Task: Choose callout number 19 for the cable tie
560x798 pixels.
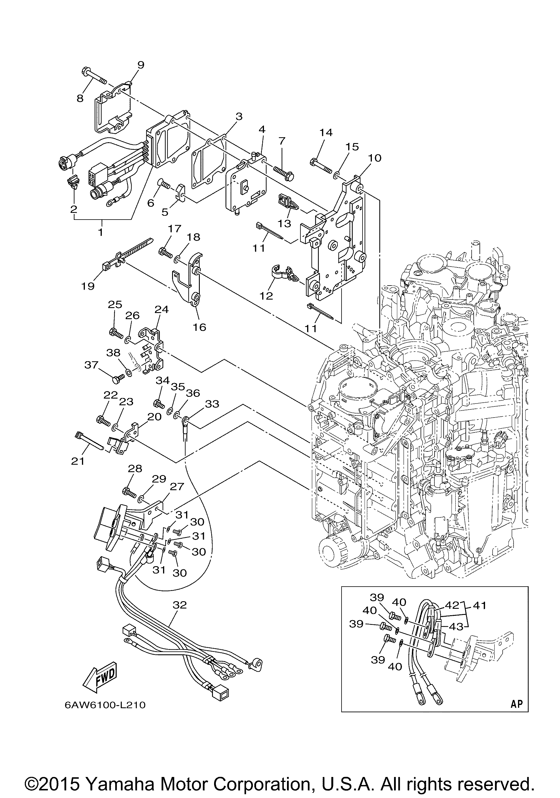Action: (88, 286)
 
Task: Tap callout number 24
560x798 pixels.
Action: (162, 309)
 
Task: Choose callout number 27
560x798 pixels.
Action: (177, 486)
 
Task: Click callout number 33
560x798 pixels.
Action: (212, 404)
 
